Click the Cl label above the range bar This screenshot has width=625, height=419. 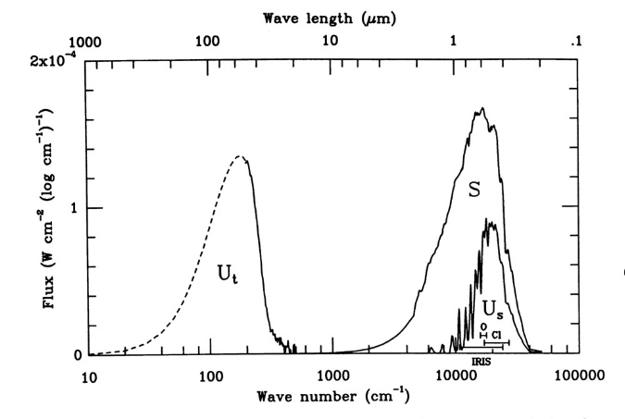pos(497,334)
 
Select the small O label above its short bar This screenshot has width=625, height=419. pos(483,326)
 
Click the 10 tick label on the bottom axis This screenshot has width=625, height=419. pos(89,377)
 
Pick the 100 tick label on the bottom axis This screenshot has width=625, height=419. pos(211,377)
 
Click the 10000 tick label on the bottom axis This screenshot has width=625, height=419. pos(456,377)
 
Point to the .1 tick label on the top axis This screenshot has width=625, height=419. pos(576,42)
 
